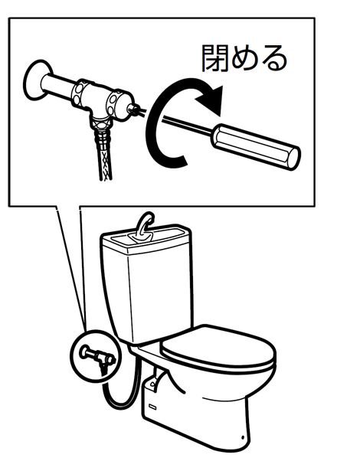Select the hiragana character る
coord(273,58)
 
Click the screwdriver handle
coord(256,146)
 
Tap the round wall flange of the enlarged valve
coord(36,80)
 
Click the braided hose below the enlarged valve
coord(104,156)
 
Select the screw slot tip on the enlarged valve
coord(135,109)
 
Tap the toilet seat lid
coord(218,347)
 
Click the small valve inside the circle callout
coord(98,356)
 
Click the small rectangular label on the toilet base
coord(153,407)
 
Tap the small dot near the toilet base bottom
coord(243,437)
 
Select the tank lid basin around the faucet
coord(147,237)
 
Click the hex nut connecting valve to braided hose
coord(102,124)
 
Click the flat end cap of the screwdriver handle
coord(294,158)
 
